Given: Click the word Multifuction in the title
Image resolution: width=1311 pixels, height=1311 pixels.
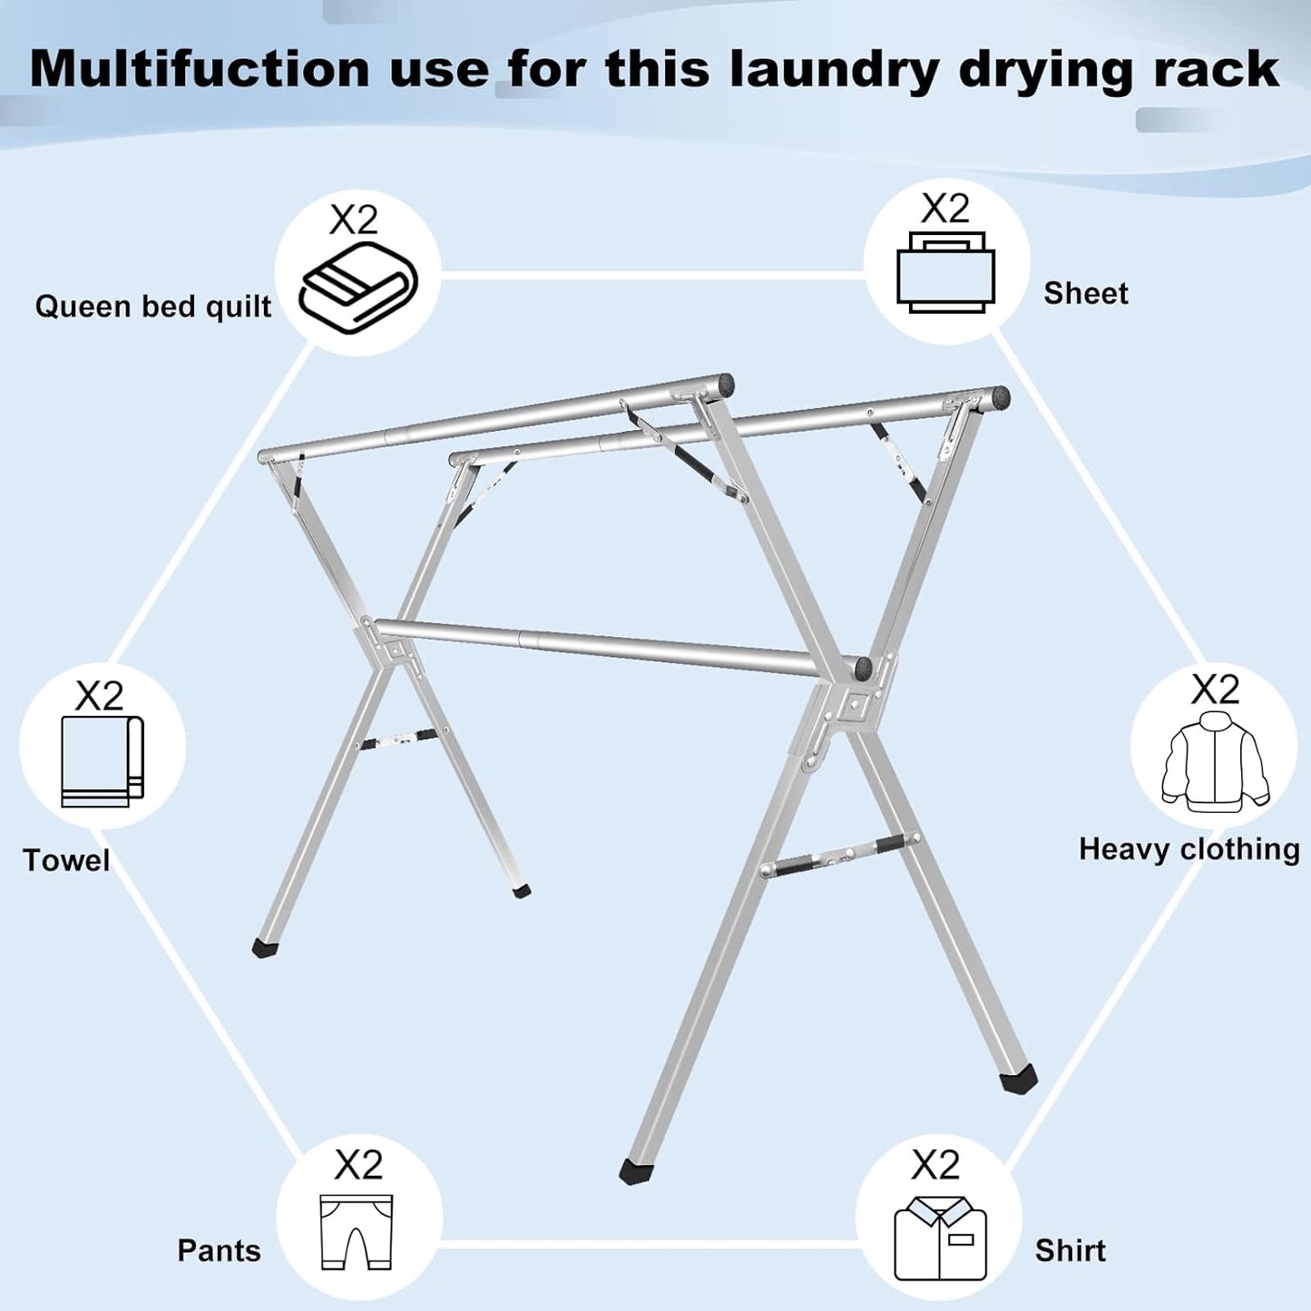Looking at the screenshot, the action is click(200, 69).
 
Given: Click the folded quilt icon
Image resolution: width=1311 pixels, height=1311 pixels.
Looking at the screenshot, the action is click(358, 288).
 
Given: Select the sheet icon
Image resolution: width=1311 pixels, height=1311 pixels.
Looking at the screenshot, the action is click(945, 273).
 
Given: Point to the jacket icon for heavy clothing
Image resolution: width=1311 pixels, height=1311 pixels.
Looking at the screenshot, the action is click(1214, 760).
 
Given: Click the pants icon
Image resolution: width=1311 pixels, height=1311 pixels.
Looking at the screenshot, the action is click(357, 1232).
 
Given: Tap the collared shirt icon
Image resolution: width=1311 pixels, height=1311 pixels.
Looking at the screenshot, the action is click(939, 1238).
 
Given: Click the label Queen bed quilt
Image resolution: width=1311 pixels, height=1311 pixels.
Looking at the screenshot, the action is click(152, 307).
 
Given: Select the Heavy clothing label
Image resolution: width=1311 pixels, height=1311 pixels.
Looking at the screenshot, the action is click(1189, 849).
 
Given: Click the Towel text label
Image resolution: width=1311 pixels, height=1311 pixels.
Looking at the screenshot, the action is click(66, 860).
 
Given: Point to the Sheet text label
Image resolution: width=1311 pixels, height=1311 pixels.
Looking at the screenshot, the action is click(1085, 293).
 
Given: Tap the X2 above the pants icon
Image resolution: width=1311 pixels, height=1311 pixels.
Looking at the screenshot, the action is click(358, 1164).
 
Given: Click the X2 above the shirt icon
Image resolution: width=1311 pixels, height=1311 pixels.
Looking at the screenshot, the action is click(935, 1164).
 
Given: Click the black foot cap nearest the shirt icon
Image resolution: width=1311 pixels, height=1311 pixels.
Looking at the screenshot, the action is click(1018, 1080).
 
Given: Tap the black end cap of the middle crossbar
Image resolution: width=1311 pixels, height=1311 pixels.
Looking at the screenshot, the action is click(863, 670).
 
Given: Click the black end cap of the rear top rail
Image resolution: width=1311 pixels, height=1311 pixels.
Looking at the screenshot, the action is click(998, 396).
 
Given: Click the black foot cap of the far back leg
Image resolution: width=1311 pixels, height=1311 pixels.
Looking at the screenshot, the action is click(521, 892).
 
